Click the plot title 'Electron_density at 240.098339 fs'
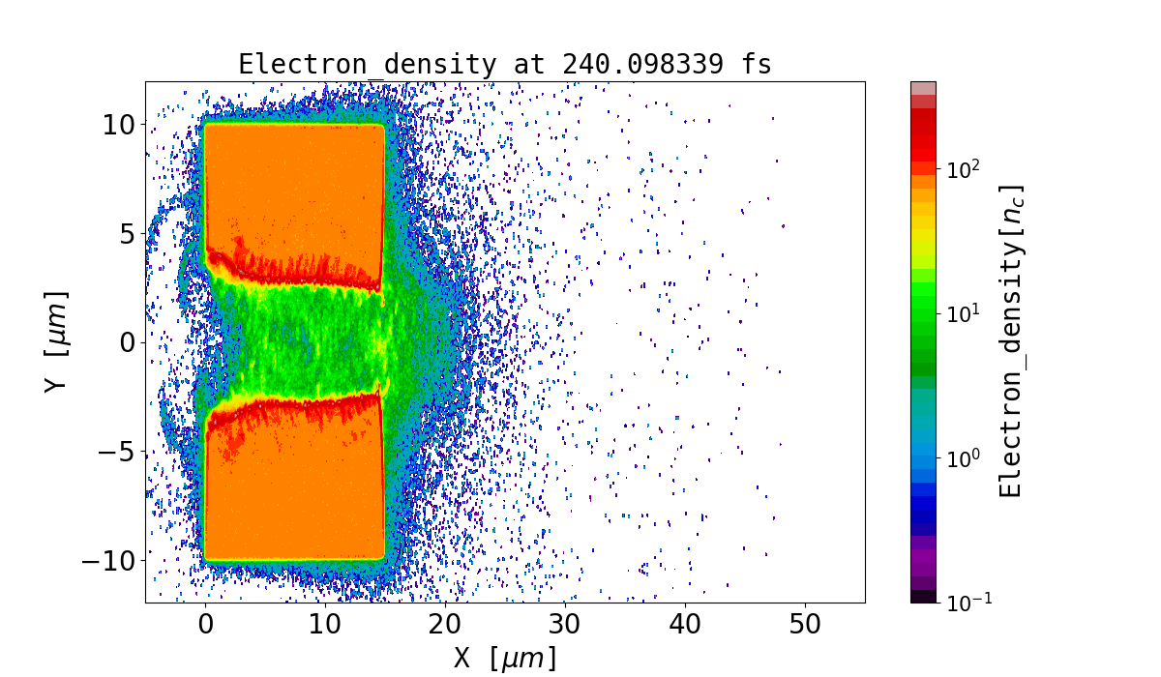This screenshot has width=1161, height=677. pos(504,65)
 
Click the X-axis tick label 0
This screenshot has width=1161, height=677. pos(205,625)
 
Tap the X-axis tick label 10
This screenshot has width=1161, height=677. pos(325,625)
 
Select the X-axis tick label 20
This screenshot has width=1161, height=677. pos(445,625)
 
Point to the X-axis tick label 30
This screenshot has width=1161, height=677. pos(565,625)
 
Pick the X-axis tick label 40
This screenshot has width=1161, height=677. pos(685,625)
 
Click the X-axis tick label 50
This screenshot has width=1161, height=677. pos(805,625)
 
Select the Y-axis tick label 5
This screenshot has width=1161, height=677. pos(127,233)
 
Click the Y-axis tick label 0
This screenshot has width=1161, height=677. pos(127,342)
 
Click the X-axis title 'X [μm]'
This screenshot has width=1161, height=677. pos(505,658)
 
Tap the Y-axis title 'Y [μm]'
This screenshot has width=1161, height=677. pos(57,340)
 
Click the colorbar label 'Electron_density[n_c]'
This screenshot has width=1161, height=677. pos(1011,340)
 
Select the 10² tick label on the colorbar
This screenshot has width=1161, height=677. pos(963,169)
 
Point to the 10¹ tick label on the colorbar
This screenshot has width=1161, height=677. pos(963,313)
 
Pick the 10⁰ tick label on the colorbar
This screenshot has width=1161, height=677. pos(963,457)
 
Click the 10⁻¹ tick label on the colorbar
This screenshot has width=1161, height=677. pos(967,602)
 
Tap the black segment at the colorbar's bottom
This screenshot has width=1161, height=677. pos(923,596)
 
